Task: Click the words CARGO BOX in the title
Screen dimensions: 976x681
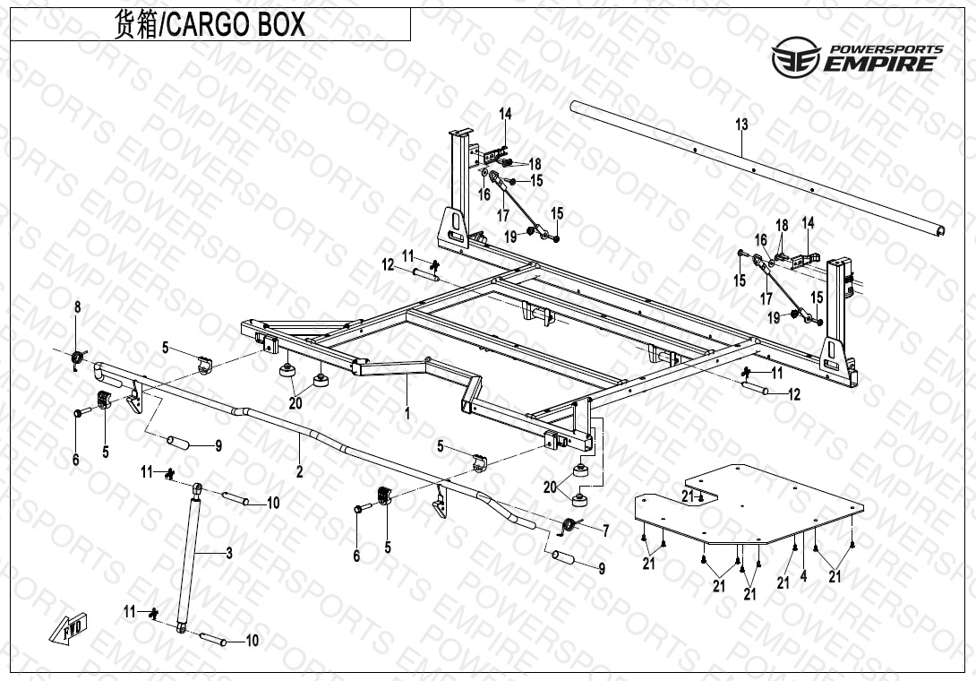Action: tap(236, 24)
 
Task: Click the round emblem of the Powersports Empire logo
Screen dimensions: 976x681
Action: tap(796, 56)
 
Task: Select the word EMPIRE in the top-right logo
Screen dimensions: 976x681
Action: tap(880, 64)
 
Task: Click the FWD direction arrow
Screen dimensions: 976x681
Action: tap(69, 628)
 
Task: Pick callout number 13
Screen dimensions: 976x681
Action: tap(741, 125)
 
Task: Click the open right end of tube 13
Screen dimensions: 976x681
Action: tap(940, 231)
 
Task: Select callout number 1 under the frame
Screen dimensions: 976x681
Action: tap(407, 413)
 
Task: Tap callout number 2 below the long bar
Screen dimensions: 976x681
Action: tap(299, 471)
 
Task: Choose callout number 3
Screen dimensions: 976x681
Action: tap(229, 553)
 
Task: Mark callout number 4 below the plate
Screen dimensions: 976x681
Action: tap(803, 576)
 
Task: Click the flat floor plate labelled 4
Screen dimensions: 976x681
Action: tap(749, 504)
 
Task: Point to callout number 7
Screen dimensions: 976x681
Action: tap(605, 530)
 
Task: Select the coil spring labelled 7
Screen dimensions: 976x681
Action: tap(568, 526)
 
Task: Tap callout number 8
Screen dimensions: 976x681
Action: tap(78, 307)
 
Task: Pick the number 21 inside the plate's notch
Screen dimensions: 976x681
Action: tap(687, 496)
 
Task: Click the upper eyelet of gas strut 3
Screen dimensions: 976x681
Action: tap(197, 487)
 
